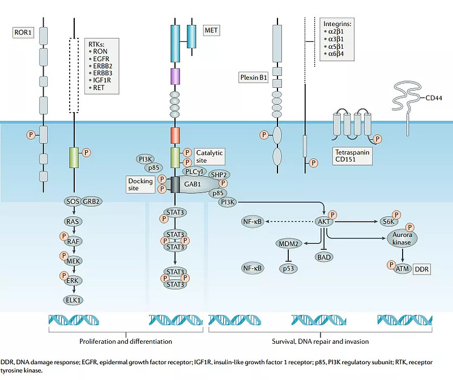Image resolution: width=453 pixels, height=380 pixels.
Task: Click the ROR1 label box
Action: click(x=23, y=32)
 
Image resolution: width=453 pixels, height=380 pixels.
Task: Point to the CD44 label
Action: click(x=434, y=97)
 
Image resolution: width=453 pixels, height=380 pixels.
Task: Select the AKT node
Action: click(x=324, y=223)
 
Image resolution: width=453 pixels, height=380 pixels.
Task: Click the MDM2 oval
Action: click(x=288, y=244)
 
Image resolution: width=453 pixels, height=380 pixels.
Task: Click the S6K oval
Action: click(x=388, y=223)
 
